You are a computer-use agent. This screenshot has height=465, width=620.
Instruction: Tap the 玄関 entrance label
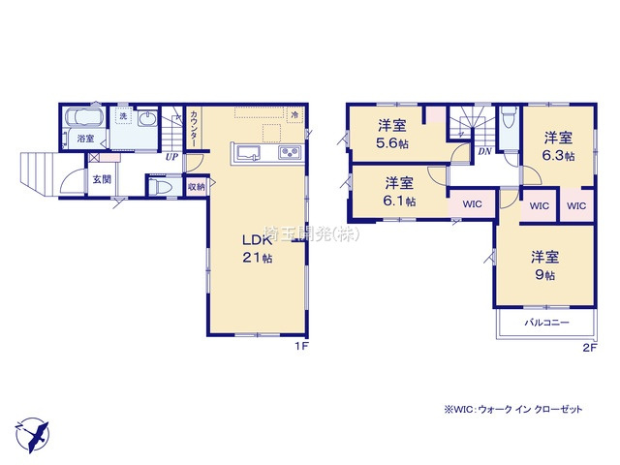click(x=100, y=179)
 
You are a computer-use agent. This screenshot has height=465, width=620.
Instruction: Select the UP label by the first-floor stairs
click(x=170, y=157)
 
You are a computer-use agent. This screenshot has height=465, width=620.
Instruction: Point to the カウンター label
click(x=195, y=128)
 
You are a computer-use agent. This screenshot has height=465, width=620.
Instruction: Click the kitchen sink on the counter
click(x=246, y=152)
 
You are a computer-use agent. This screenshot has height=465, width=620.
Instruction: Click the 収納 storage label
click(x=195, y=186)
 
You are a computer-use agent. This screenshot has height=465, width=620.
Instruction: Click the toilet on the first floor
click(x=162, y=186)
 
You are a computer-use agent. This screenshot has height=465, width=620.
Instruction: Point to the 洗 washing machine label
click(x=123, y=116)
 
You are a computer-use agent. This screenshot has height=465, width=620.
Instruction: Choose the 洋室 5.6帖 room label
click(x=392, y=133)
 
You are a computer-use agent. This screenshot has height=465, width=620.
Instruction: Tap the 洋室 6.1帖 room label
click(x=399, y=192)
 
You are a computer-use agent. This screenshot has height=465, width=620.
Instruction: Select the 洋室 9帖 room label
click(x=543, y=265)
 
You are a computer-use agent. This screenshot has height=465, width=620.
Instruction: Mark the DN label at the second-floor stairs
click(x=483, y=152)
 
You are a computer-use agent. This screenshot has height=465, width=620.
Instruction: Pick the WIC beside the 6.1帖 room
click(x=472, y=204)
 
